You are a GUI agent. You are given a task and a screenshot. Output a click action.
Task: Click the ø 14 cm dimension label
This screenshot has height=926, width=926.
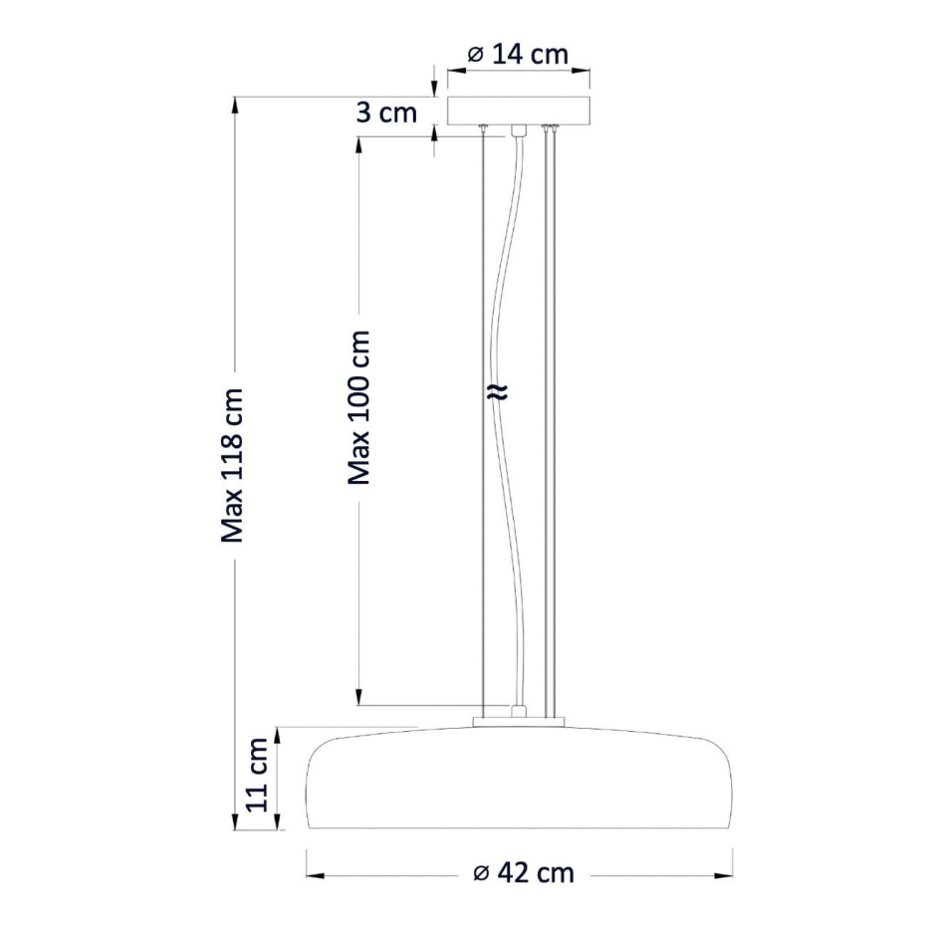(x=518, y=55)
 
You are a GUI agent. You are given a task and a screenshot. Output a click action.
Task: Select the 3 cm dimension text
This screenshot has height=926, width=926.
(x=386, y=113)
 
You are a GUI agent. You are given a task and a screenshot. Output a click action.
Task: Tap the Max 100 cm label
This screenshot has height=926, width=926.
(x=358, y=407)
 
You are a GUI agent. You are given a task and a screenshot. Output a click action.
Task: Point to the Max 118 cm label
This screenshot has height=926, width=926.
(x=232, y=465)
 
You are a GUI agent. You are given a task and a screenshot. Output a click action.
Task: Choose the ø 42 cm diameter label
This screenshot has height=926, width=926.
(x=524, y=873)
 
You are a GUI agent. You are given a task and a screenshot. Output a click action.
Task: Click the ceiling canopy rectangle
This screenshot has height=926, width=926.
(x=519, y=112)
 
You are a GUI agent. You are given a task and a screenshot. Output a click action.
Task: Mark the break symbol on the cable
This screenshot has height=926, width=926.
(x=498, y=392)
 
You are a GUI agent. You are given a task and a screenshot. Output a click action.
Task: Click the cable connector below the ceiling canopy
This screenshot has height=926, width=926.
(x=519, y=130)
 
